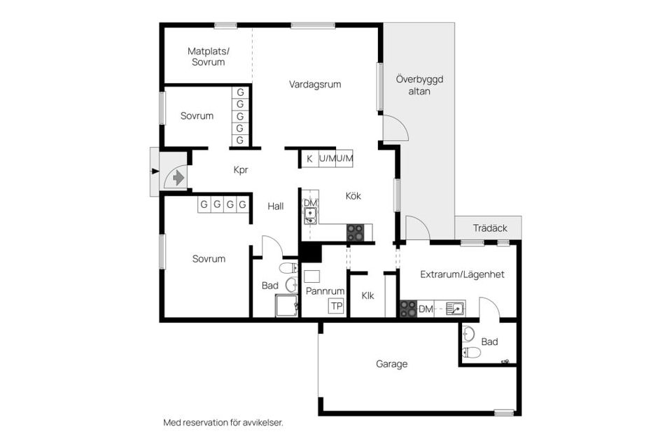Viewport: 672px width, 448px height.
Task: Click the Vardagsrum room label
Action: (315, 85)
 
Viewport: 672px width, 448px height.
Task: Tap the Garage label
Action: (391, 364)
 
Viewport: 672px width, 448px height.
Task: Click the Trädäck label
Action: (490, 228)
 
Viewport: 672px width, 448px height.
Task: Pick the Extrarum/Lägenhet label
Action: (462, 274)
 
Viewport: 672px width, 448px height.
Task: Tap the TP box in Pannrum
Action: (337, 306)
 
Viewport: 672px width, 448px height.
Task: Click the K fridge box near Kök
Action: (309, 159)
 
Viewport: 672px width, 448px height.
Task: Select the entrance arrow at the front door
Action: (178, 178)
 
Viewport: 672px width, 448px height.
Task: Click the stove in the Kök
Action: (356, 232)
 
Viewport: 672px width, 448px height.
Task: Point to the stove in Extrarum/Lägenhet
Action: (408, 309)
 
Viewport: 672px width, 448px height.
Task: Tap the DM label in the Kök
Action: (309, 203)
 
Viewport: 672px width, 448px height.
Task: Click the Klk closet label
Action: (367, 295)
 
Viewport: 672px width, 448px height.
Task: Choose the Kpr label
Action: (241, 169)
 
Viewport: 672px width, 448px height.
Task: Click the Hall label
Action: (276, 206)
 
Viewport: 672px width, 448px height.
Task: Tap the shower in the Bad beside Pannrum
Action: (286, 306)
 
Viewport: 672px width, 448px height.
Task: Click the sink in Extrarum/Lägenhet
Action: (454, 308)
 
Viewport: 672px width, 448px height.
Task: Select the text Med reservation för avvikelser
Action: (223, 423)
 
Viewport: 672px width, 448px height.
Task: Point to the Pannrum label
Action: (325, 290)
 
